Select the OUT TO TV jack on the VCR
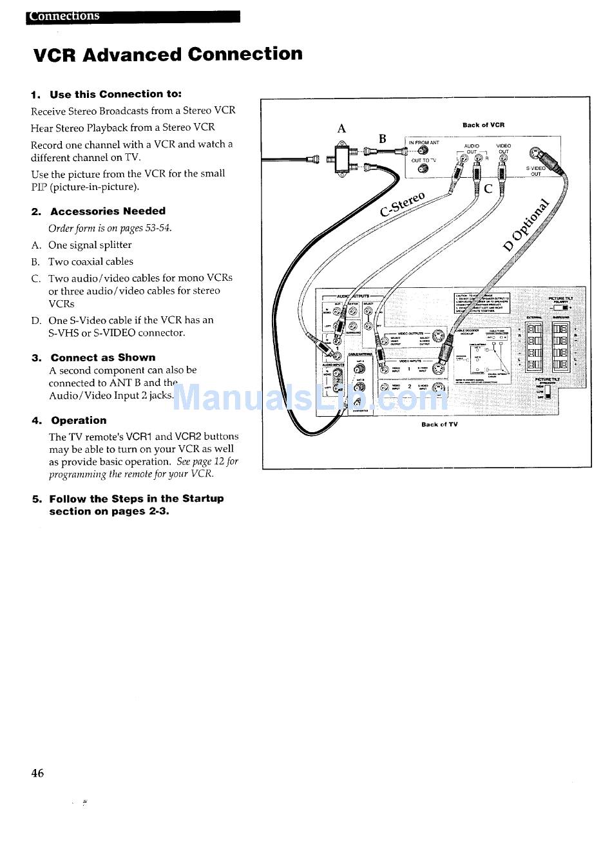point(423,169)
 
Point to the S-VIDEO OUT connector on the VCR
point(536,154)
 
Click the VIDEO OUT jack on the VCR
point(502,158)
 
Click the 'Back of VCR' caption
point(483,125)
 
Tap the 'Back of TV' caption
point(439,424)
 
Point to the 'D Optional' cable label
point(527,224)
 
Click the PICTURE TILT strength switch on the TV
point(548,390)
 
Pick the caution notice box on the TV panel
point(482,303)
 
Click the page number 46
point(37,773)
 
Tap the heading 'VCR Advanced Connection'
point(167,54)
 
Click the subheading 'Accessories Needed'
point(108,211)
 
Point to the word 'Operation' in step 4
point(79,421)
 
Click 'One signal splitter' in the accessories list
point(90,245)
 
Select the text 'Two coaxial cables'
point(90,261)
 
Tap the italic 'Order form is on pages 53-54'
point(110,228)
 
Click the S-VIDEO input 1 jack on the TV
point(438,369)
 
